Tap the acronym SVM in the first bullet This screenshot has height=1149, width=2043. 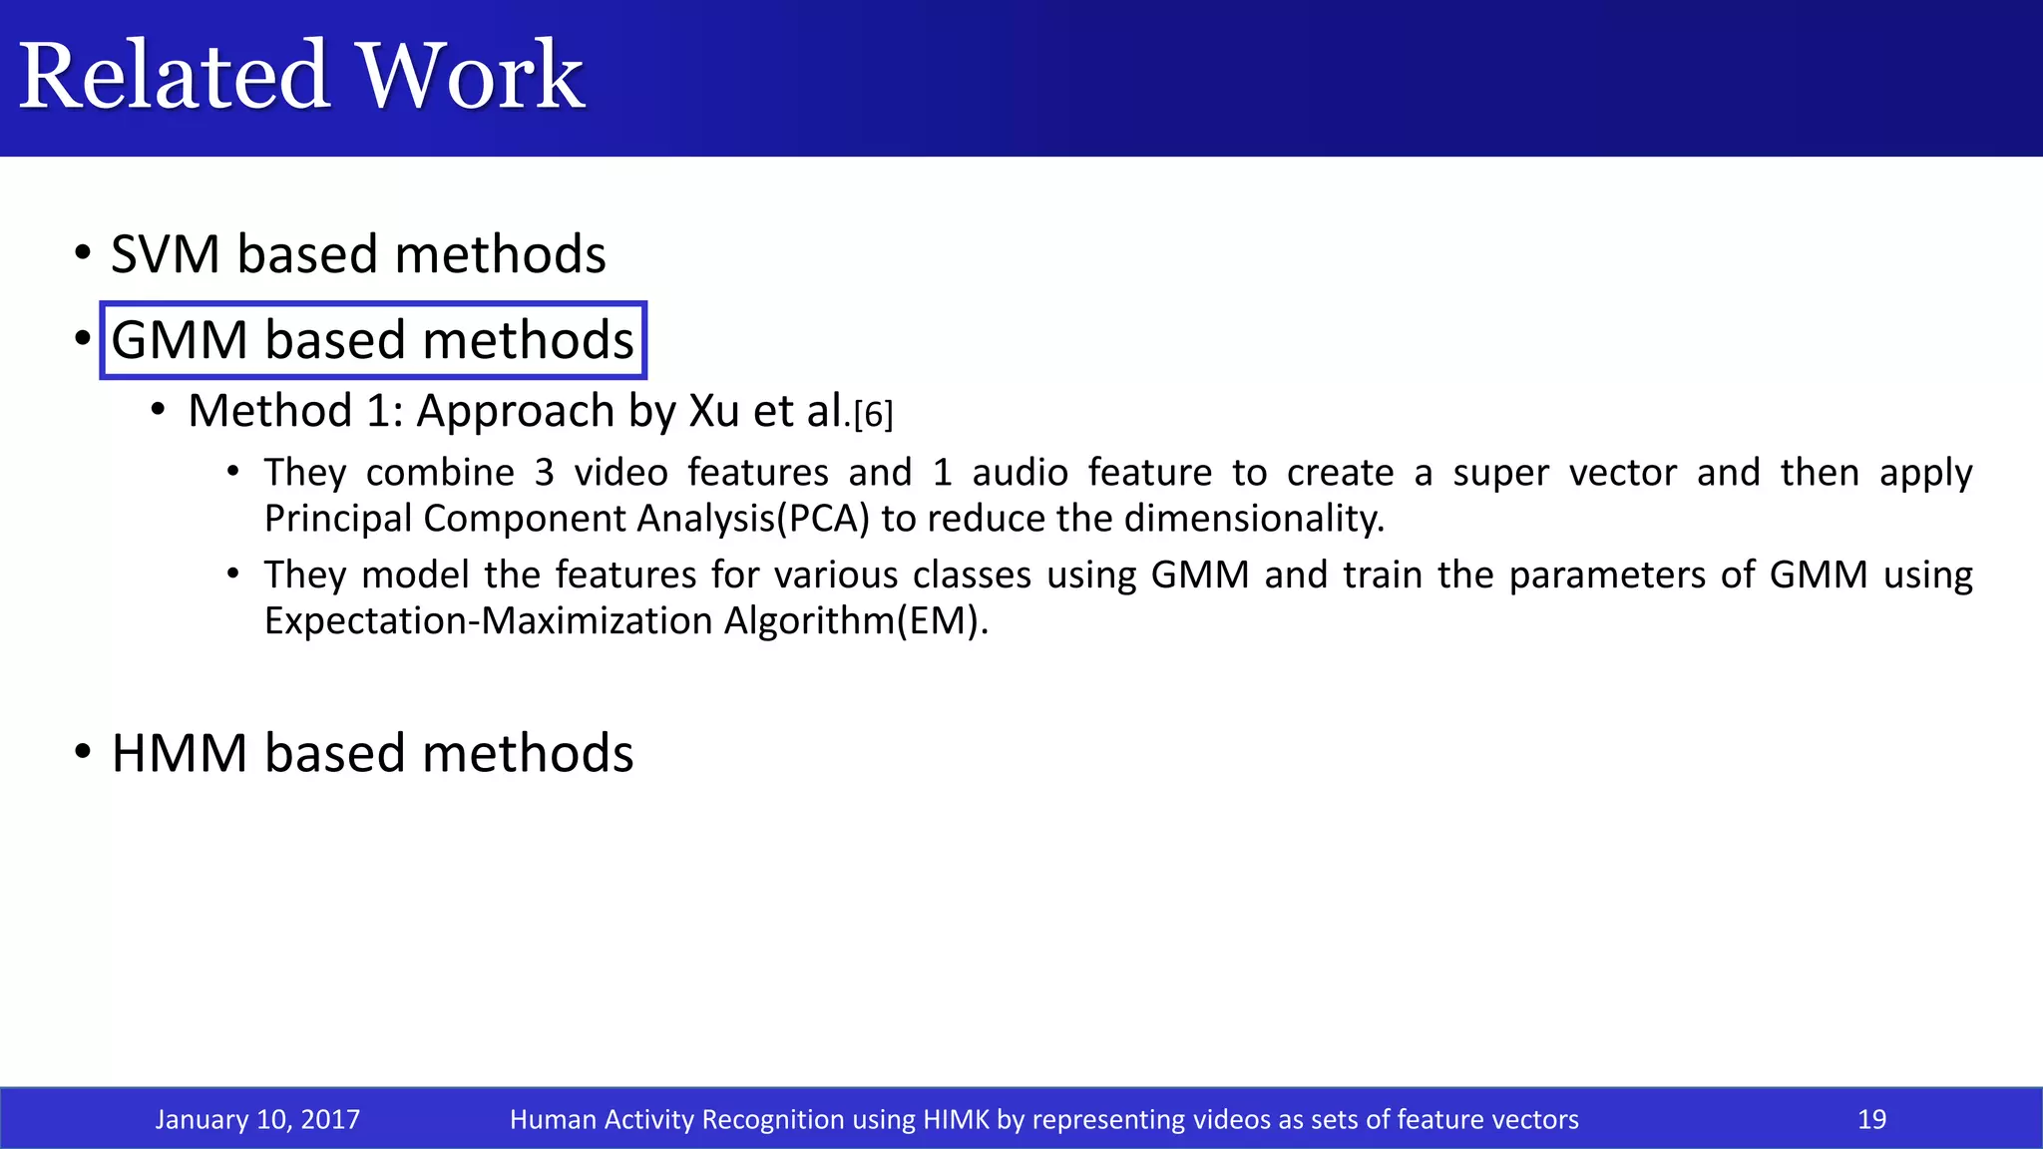[x=165, y=254]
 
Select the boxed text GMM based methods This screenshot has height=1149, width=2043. [x=373, y=340]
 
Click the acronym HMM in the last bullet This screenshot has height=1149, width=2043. [x=179, y=753]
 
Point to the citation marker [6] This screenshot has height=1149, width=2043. [x=873, y=414]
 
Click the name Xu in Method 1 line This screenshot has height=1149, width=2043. [x=713, y=411]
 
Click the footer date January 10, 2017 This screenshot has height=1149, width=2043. [x=257, y=1119]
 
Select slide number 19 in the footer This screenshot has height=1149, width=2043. [x=1871, y=1119]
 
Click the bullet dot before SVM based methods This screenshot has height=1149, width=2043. [x=84, y=252]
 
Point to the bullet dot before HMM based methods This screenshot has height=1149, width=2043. [x=84, y=751]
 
